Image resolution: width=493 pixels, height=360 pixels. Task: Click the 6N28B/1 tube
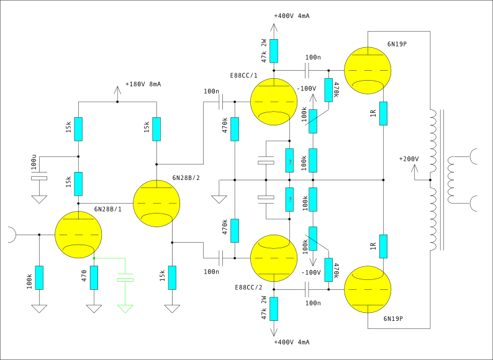pos(78,235)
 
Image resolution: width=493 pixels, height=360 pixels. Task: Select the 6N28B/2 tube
pos(156,203)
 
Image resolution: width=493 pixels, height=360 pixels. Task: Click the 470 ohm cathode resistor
pos(94,277)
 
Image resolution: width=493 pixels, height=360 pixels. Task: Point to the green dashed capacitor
pos(126,280)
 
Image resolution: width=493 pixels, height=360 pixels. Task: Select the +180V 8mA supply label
pos(143,84)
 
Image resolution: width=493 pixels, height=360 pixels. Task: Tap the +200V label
pos(410,159)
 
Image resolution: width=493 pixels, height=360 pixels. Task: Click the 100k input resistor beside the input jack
pos(39,277)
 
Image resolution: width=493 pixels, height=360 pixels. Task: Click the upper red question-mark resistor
pos(289,160)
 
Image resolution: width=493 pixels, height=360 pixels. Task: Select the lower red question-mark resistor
pos(289,199)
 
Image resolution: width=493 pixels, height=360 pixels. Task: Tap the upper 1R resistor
pos(384,113)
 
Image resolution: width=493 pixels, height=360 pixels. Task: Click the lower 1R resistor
pos(384,246)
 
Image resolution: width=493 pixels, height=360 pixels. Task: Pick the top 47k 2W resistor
pos(274,51)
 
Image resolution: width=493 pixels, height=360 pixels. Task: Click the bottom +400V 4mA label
pos(291,342)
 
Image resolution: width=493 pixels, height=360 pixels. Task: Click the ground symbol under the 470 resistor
pos(94,308)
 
